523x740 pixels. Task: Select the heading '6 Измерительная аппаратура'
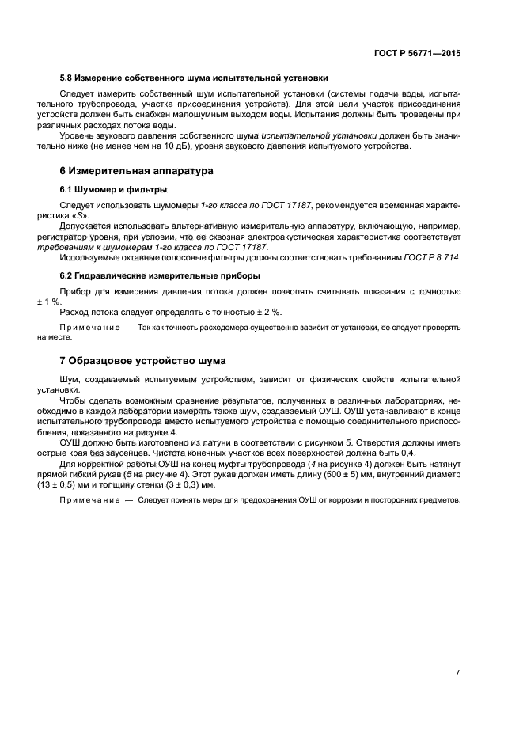tap(136, 170)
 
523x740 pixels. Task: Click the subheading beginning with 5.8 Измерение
tap(194, 78)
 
